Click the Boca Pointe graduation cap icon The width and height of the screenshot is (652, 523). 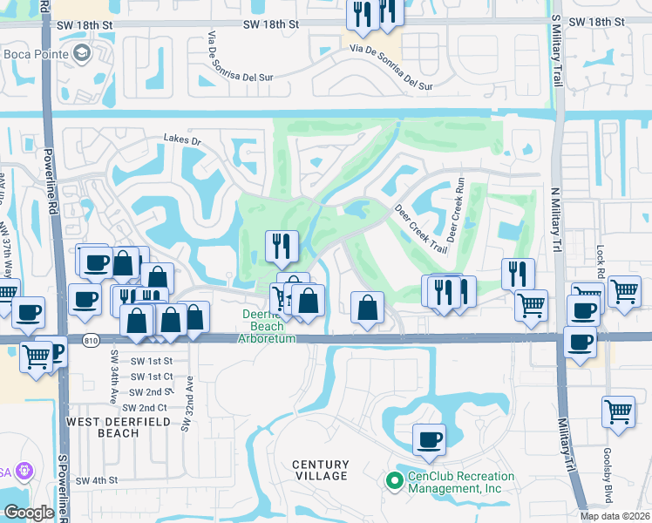click(82, 54)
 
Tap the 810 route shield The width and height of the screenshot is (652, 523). click(92, 339)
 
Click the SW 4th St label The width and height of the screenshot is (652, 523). click(96, 480)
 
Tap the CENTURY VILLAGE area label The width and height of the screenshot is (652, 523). click(320, 471)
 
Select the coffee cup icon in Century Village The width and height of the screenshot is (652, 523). click(428, 440)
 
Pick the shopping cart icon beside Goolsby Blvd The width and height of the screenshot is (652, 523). click(618, 410)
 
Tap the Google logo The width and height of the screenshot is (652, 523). click(29, 513)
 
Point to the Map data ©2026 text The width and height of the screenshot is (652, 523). click(614, 516)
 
